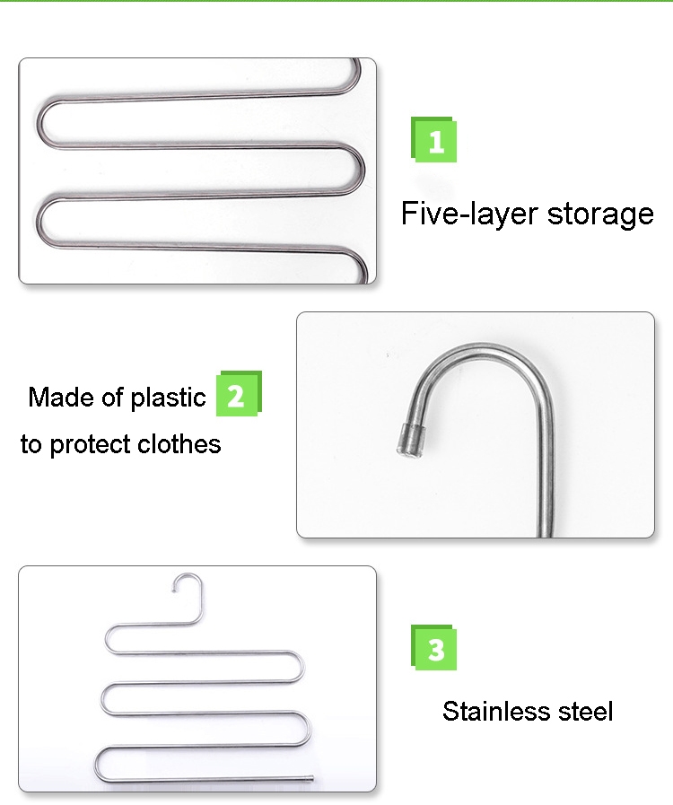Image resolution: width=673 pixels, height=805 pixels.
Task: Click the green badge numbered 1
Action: point(433,140)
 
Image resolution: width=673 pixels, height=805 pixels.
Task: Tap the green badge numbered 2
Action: point(239,393)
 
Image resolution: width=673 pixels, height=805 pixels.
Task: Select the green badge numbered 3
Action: point(433,647)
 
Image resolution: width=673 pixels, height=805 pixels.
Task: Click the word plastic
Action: point(168,398)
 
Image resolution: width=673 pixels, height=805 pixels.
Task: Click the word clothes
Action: point(179,443)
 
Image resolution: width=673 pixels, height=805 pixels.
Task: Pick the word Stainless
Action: point(496,712)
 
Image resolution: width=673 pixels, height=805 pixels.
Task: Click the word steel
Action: point(585,712)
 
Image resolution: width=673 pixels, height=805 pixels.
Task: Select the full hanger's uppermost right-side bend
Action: point(297,667)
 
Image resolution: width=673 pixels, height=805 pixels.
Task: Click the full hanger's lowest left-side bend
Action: point(99,764)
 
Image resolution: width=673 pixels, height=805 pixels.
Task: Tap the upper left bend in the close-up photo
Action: point(40,122)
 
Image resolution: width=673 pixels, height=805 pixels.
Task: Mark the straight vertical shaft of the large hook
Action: point(546,472)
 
